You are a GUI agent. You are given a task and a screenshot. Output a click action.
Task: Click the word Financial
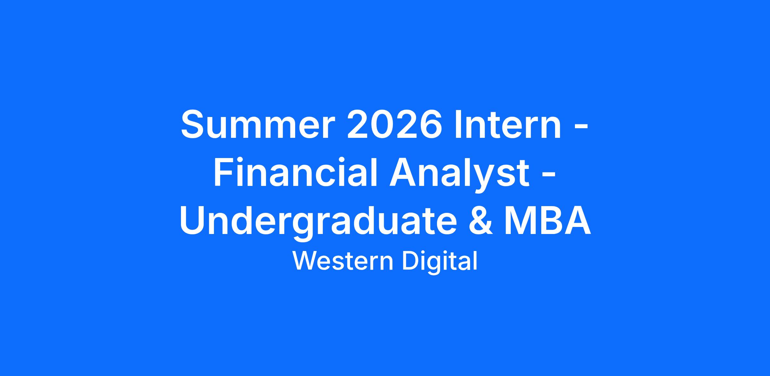click(295, 171)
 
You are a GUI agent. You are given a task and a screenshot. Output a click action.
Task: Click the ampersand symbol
click(480, 220)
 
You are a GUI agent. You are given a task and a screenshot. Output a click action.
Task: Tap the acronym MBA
click(547, 220)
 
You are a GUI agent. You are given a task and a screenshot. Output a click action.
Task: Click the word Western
click(343, 261)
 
